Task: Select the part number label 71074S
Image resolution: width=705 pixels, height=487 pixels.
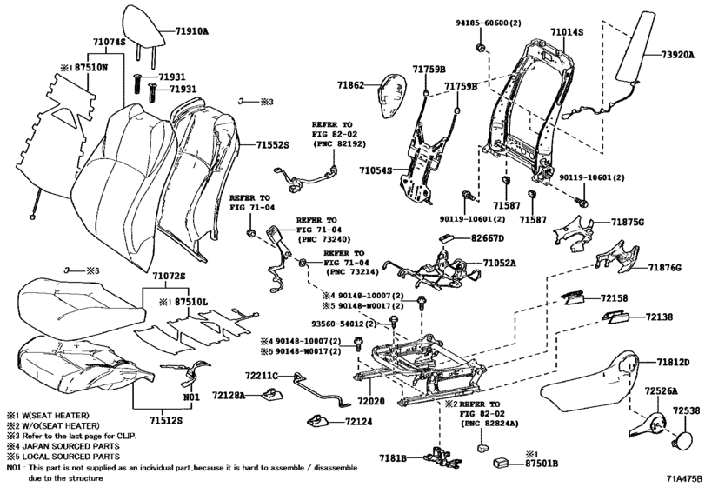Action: tap(109, 43)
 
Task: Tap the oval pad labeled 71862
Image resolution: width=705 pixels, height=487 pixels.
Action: tap(391, 96)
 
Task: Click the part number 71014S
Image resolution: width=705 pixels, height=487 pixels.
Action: tap(567, 32)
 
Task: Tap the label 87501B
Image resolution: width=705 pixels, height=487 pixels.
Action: tap(542, 464)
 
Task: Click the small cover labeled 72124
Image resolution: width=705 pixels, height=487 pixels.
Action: tap(318, 421)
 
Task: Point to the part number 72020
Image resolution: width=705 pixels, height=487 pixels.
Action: tap(371, 400)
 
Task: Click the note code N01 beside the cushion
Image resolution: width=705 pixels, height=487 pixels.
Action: tap(191, 397)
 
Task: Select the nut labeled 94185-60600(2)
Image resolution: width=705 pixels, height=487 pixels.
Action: tap(480, 47)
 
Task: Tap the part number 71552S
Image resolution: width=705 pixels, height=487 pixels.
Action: tap(272, 145)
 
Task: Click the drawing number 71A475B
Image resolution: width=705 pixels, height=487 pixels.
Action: tap(684, 478)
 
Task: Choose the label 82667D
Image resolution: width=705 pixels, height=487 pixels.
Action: tap(488, 238)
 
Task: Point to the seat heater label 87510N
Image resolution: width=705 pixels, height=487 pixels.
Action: tap(91, 68)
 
